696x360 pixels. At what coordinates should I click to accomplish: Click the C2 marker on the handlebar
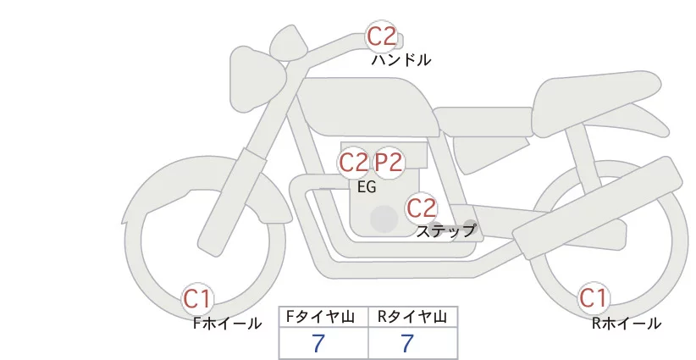click(381, 36)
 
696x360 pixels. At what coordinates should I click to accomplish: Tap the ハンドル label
click(401, 60)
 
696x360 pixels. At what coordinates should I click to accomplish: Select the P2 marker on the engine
click(389, 162)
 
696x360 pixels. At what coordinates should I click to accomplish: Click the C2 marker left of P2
click(354, 162)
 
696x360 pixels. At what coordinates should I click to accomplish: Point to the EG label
click(367, 187)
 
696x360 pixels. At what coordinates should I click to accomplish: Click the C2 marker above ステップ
click(421, 207)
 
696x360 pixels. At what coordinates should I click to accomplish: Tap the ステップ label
click(446, 230)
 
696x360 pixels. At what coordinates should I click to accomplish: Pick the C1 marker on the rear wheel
click(593, 298)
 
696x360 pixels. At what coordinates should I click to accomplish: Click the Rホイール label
click(627, 323)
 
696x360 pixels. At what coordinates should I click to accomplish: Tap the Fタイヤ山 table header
click(323, 317)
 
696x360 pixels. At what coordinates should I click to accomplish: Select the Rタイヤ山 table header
click(412, 317)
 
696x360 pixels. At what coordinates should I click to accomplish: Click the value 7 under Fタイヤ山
click(318, 344)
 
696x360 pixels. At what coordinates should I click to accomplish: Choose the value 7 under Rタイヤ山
click(407, 344)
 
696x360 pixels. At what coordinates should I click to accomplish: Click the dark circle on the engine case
click(384, 219)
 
